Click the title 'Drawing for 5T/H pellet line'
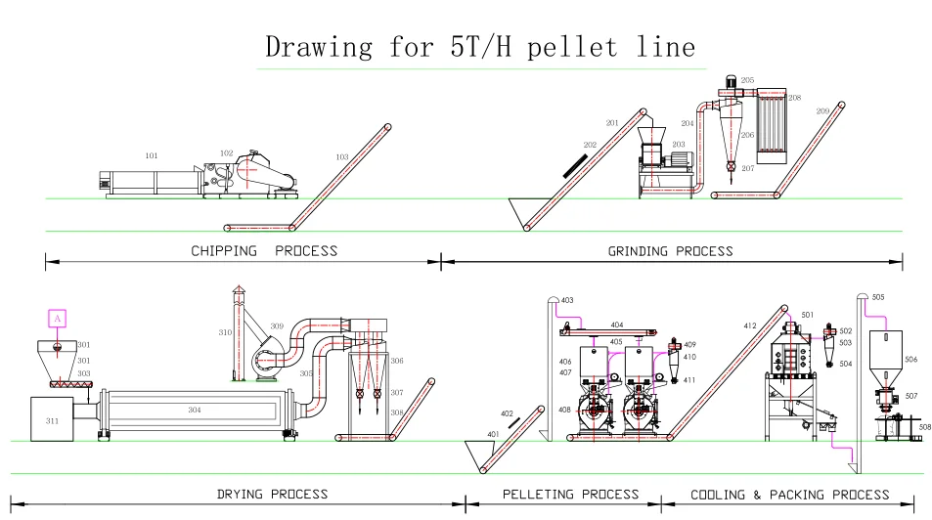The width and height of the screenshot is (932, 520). click(480, 47)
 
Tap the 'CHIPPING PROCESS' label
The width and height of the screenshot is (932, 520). click(264, 250)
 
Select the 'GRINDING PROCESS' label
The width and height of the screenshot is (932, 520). click(671, 251)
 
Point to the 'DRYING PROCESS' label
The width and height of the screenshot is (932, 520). click(272, 494)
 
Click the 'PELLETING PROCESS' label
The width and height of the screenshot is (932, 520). click(570, 495)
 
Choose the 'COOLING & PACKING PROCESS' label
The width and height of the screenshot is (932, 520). click(790, 495)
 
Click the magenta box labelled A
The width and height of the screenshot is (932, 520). click(57, 319)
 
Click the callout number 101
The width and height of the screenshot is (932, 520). click(152, 155)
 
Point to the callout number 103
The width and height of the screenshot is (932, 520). click(341, 156)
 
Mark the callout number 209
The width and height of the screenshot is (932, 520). click(822, 111)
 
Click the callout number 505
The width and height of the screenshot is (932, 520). click(877, 296)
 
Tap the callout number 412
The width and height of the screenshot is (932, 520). click(750, 325)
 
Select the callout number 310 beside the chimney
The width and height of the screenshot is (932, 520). click(225, 332)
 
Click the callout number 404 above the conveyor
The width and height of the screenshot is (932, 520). click(616, 324)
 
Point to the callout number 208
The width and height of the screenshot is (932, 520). click(794, 98)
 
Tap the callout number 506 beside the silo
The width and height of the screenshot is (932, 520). click(910, 360)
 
